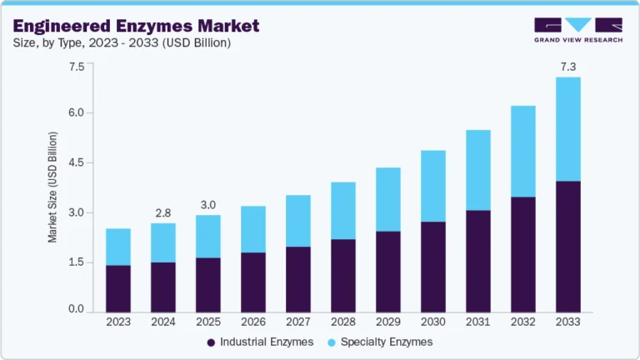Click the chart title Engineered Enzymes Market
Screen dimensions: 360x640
(136, 25)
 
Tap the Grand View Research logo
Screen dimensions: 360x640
(577, 31)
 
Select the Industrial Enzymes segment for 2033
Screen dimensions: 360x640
(568, 247)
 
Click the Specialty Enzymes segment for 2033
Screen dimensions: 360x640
(568, 129)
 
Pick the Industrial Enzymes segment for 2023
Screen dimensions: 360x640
(118, 288)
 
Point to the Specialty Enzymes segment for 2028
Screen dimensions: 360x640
(343, 211)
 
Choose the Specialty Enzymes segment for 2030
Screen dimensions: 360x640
(433, 186)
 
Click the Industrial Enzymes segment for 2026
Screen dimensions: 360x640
(253, 282)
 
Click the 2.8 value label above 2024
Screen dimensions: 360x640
(163, 212)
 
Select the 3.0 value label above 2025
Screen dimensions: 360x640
(208, 204)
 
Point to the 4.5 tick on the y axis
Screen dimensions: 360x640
(76, 162)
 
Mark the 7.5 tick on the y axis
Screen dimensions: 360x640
(76, 67)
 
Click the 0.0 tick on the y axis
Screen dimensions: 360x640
(76, 310)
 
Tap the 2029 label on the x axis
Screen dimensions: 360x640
(388, 322)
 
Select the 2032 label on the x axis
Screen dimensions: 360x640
(523, 322)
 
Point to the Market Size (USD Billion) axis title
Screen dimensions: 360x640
(53, 187)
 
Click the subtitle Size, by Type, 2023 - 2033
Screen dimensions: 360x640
(122, 42)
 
